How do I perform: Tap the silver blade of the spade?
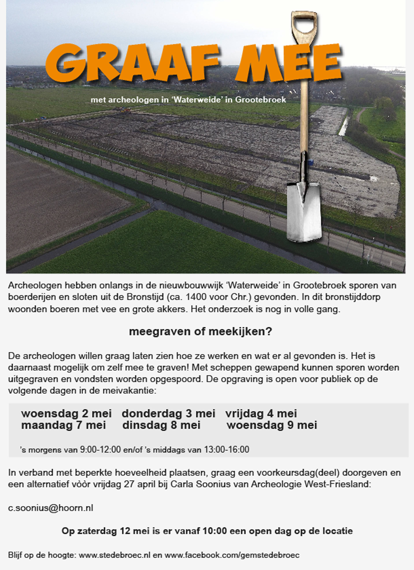(x=304, y=216)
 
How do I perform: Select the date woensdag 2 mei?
(x=66, y=414)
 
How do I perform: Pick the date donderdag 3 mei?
(x=168, y=414)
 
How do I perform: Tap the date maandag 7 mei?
(x=63, y=425)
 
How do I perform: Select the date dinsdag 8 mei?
(x=161, y=425)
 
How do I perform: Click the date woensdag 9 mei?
(x=272, y=425)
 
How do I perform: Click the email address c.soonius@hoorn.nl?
(x=50, y=508)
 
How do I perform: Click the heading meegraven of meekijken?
(x=200, y=332)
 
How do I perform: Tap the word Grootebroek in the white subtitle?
(x=261, y=100)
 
